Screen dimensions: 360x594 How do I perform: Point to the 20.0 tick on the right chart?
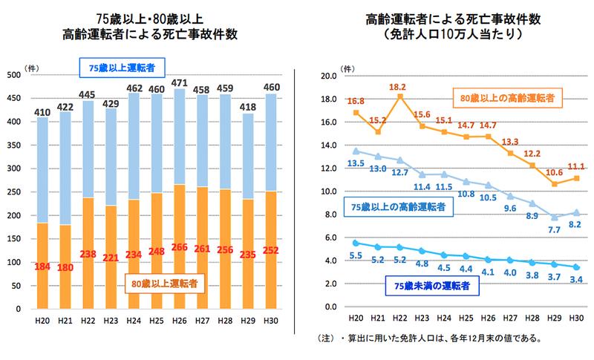327,76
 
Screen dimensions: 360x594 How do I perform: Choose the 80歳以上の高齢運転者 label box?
506,96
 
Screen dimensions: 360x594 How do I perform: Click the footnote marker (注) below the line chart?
327,339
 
